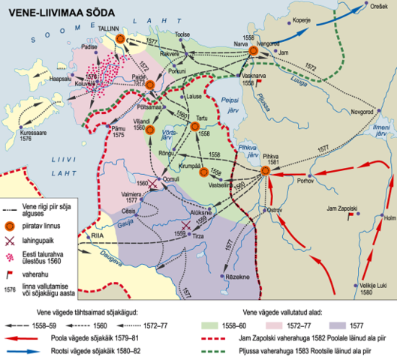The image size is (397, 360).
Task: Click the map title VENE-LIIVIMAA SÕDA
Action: [x=57, y=11]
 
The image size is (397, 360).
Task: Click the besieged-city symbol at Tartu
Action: [x=194, y=127]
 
